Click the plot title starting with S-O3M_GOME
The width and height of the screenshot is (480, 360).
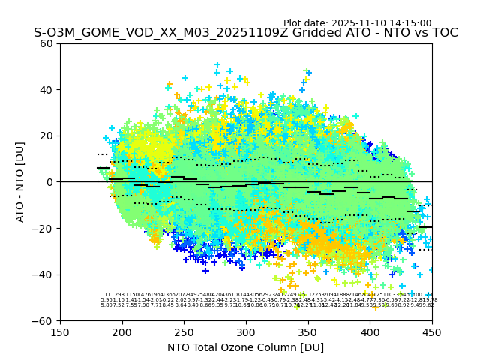(x=245, y=33)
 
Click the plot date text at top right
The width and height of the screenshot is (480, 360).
(x=357, y=23)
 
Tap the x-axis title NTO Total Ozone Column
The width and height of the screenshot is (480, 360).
(x=245, y=347)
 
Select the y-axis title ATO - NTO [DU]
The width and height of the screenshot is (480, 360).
(x=21, y=182)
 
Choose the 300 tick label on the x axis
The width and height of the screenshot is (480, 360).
(x=246, y=331)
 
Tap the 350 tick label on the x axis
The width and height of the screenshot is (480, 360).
(x=308, y=331)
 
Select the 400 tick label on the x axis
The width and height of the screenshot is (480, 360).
(x=370, y=331)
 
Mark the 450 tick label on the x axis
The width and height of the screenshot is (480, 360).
(x=432, y=331)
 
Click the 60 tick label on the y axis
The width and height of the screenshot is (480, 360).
(x=46, y=43)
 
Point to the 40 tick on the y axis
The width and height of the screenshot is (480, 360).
(x=46, y=90)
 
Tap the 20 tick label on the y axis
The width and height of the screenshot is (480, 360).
(x=46, y=136)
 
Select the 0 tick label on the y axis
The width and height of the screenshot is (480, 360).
(x=49, y=182)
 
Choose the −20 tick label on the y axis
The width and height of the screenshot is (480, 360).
(x=43, y=228)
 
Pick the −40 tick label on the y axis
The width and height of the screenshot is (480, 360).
(x=43, y=274)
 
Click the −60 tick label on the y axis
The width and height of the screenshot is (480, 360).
(x=43, y=320)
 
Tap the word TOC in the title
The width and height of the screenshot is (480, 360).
(x=442, y=33)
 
